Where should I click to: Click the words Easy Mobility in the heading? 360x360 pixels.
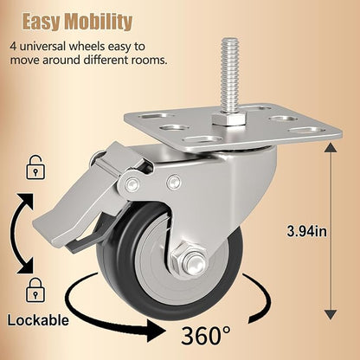(x=77, y=22)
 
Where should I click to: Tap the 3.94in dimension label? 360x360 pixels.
(x=307, y=231)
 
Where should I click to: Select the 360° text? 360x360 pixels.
(x=206, y=335)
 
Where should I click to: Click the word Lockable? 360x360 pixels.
(x=38, y=320)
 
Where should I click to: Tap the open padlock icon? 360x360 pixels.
(x=35, y=167)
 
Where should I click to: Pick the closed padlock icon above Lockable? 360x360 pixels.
(x=35, y=290)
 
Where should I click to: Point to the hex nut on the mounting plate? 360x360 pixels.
(x=229, y=119)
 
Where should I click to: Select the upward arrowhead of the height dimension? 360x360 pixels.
(x=331, y=148)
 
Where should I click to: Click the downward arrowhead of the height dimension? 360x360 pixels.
(x=331, y=315)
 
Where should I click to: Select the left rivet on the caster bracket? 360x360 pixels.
(x=132, y=183)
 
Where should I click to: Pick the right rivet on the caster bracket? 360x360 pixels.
(x=174, y=182)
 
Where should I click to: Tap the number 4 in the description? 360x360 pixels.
(x=13, y=46)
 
